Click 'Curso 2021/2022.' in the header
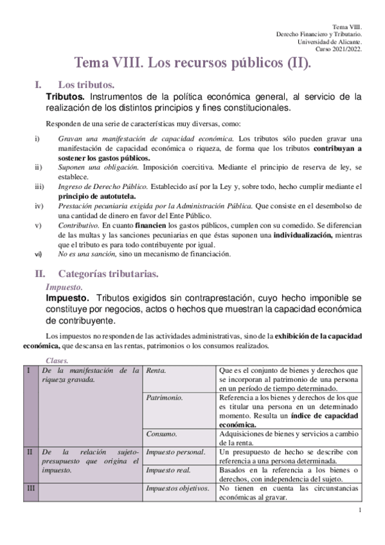tap(339, 49)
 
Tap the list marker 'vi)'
tap(38, 254)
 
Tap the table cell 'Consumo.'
tap(161, 434)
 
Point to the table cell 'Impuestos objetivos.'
tap(178, 489)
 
